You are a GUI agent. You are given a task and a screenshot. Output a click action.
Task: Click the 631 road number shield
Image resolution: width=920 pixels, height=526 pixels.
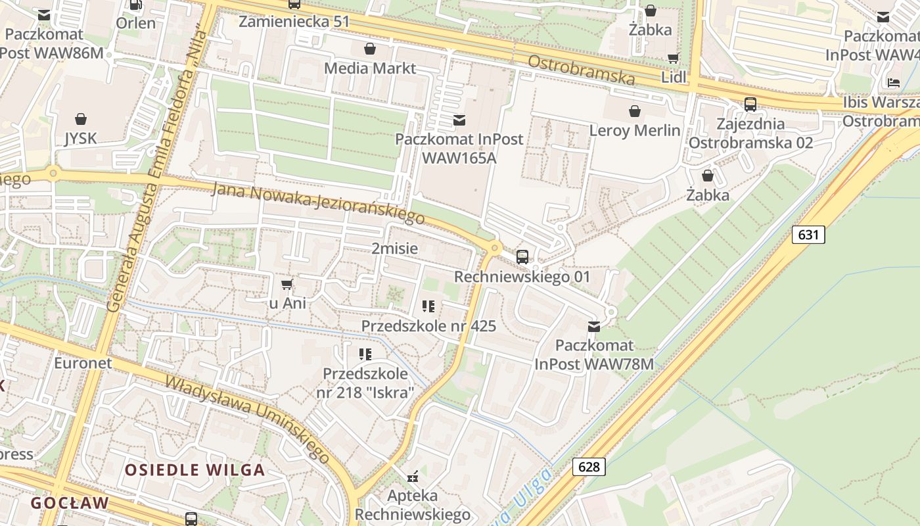[x=808, y=234]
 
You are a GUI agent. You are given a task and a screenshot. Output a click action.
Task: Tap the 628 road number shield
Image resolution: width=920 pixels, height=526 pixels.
[x=589, y=466]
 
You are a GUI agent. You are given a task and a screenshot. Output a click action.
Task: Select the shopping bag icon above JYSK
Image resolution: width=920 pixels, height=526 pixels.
[x=81, y=119]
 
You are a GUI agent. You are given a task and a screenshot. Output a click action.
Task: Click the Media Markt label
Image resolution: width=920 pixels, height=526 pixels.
[x=370, y=68]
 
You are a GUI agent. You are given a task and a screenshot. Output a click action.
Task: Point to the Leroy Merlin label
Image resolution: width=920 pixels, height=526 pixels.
[x=635, y=130]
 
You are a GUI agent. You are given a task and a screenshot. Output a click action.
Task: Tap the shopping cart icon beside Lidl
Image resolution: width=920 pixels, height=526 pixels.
[x=673, y=59]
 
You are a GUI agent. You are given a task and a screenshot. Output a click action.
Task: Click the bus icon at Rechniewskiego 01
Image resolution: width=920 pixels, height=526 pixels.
[x=522, y=256]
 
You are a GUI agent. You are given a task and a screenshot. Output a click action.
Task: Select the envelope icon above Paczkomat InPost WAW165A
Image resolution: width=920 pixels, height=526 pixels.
[x=459, y=120]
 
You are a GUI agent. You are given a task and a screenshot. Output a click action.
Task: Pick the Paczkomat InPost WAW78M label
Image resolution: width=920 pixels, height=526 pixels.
[x=594, y=354]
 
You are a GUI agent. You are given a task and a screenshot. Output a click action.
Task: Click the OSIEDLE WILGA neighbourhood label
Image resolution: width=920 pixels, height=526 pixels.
[x=195, y=469]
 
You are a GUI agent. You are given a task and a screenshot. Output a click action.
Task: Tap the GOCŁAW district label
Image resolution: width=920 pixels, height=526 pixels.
[x=70, y=503]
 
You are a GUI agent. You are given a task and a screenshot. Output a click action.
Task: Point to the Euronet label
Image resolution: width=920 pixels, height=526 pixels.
[x=83, y=363]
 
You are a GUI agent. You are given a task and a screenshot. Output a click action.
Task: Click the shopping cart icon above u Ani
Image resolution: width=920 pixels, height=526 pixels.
[x=287, y=284]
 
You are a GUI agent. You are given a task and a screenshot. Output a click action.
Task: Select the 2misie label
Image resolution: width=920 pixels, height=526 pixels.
[x=394, y=249]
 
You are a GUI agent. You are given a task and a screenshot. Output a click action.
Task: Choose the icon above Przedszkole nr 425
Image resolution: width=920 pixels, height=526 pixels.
[x=428, y=306]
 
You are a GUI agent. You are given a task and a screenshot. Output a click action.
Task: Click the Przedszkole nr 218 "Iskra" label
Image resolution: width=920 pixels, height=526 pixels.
[x=365, y=383]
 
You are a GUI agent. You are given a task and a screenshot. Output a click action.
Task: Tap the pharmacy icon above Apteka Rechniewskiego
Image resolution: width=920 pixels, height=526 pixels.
[x=413, y=475]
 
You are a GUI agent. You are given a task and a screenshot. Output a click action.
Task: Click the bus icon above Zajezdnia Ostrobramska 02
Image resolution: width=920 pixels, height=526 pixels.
[x=750, y=104]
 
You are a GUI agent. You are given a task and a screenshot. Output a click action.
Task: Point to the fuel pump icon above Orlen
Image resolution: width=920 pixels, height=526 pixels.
[x=136, y=5]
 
